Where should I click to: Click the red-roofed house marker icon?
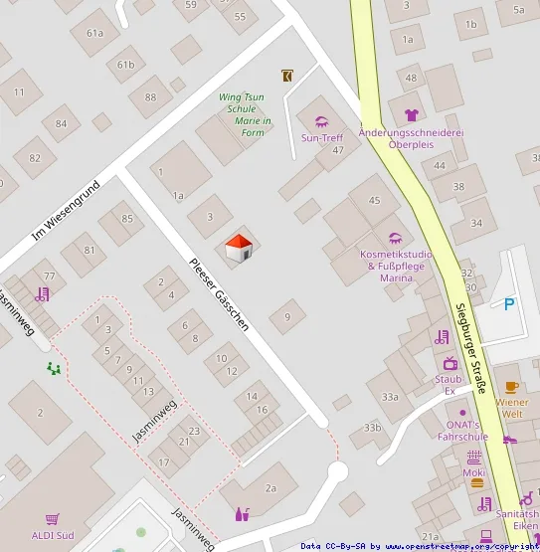(x=238, y=249)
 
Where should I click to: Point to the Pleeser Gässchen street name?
(x=219, y=293)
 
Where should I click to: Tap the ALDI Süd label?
(x=52, y=534)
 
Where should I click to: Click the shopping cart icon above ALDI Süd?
(x=52, y=518)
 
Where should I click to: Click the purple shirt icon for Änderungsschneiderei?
(x=411, y=115)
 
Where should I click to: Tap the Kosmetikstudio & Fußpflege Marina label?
(x=396, y=266)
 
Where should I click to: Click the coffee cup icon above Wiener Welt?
(x=511, y=387)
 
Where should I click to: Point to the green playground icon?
(x=53, y=368)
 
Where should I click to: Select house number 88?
(x=150, y=96)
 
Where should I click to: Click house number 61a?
(x=94, y=32)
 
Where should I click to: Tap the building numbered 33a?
(x=389, y=397)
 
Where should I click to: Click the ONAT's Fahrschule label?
(x=462, y=431)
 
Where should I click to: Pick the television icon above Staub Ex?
(x=449, y=363)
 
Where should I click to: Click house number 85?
(x=126, y=219)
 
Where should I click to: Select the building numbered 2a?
(x=270, y=487)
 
